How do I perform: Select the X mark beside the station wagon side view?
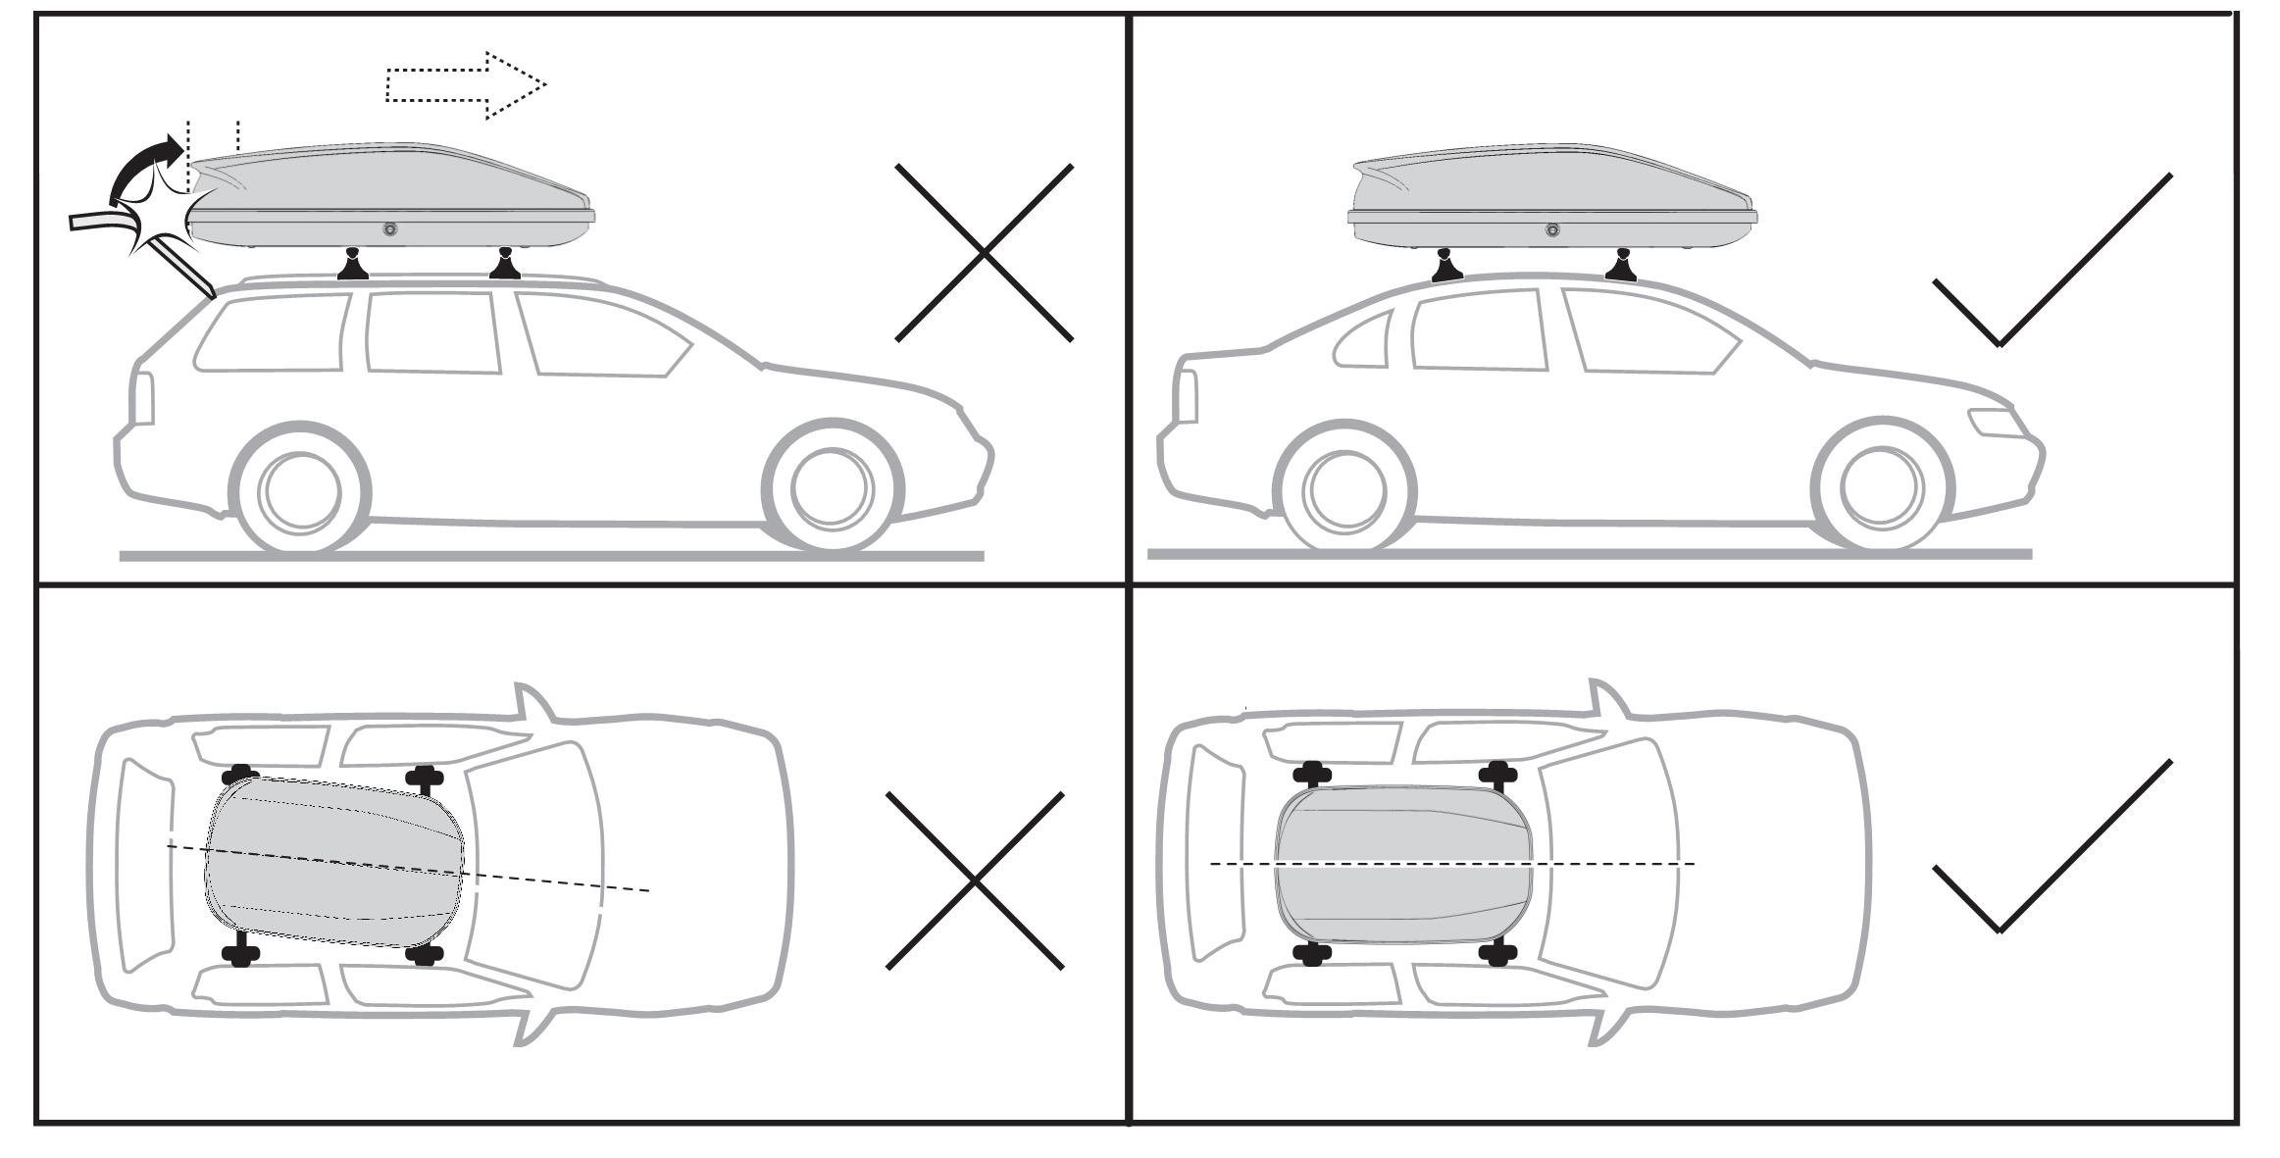[x=984, y=253]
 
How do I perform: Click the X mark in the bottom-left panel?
[x=975, y=880]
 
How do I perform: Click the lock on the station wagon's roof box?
[x=390, y=229]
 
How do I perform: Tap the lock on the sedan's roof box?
[x=1551, y=230]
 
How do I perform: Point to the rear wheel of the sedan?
[x=1344, y=489]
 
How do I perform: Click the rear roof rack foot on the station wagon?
[x=353, y=267]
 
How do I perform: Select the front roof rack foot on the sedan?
[x=1620, y=267]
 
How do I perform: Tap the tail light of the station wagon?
[x=143, y=398]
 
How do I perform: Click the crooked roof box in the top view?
[x=333, y=863]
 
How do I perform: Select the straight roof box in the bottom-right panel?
[x=1403, y=863]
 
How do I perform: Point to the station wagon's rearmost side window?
[x=272, y=334]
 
